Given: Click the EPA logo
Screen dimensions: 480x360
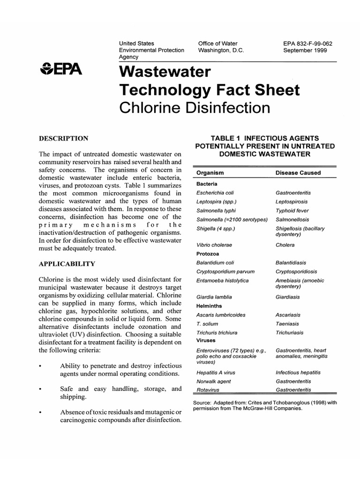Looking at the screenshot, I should (x=61, y=70).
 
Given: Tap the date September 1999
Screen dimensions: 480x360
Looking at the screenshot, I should (x=305, y=50).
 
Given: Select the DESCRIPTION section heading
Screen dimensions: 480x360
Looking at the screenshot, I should (x=63, y=138).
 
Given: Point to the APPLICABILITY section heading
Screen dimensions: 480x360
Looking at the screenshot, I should (x=67, y=264).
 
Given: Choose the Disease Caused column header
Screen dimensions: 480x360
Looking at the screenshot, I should (x=298, y=173).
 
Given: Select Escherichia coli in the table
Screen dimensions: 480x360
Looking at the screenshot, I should (x=215, y=193).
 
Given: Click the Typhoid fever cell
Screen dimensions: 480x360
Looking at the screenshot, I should (x=292, y=211).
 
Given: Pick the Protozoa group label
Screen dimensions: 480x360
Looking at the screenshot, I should (x=208, y=254).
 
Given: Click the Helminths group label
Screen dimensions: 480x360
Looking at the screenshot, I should (x=209, y=306).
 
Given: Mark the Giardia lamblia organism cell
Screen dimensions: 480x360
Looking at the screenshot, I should (x=214, y=297).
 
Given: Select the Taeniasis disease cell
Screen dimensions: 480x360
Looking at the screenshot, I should (x=287, y=324).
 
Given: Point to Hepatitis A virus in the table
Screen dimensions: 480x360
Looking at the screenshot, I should (x=216, y=373).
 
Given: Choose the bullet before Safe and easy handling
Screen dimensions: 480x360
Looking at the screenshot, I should (x=41, y=390).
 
